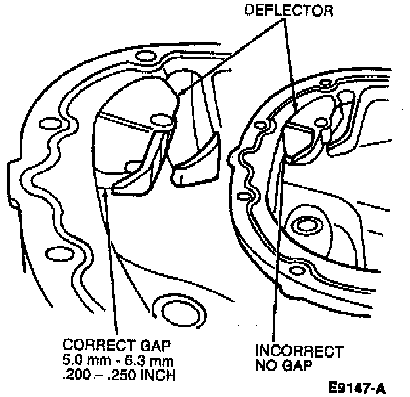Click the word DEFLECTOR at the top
coord(287,11)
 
